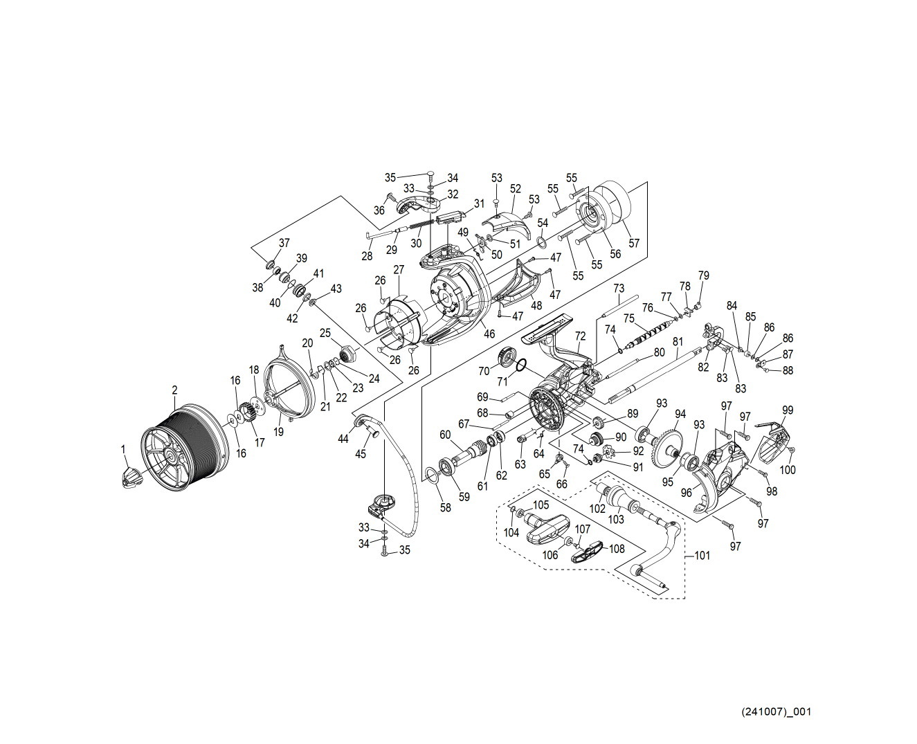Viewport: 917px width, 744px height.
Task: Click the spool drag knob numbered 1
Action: click(x=131, y=478)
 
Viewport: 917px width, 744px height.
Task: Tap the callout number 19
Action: click(x=279, y=433)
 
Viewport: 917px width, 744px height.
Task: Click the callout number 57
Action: click(x=634, y=243)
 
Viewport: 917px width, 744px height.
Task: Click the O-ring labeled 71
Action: click(x=523, y=365)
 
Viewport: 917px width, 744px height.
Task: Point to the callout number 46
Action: click(x=489, y=334)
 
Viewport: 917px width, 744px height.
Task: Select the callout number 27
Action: click(x=399, y=269)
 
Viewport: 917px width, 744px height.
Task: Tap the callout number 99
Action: click(x=788, y=410)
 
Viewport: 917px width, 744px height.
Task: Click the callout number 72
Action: click(x=580, y=336)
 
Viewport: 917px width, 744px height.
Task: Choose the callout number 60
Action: click(x=444, y=434)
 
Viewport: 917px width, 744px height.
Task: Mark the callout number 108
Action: click(x=616, y=548)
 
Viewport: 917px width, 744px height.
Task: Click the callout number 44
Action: click(x=343, y=438)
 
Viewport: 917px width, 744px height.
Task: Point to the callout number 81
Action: click(x=678, y=341)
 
